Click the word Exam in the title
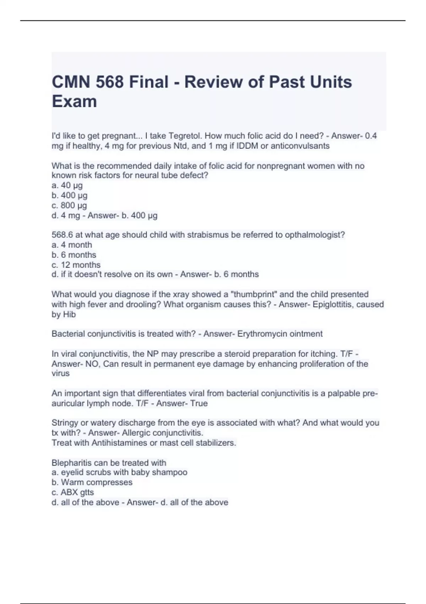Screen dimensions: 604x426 click(x=74, y=101)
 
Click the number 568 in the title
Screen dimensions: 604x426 click(x=109, y=82)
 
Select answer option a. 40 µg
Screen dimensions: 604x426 click(x=67, y=185)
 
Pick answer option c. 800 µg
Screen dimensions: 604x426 click(x=69, y=205)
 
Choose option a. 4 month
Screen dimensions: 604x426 click(x=72, y=245)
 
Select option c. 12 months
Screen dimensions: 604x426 click(x=76, y=265)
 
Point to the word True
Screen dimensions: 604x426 click(x=199, y=403)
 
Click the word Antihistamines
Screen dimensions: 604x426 click(x=119, y=443)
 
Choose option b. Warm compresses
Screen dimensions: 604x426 click(x=92, y=482)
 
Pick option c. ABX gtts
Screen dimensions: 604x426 click(x=73, y=492)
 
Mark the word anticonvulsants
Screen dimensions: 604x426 click(x=300, y=146)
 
